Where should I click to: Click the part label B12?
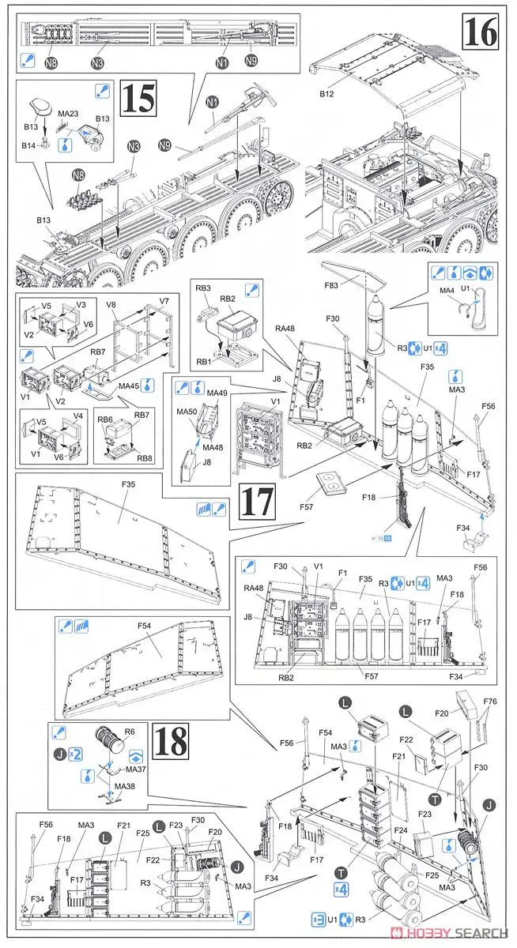pyautogui.click(x=328, y=96)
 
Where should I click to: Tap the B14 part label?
pyautogui.click(x=31, y=145)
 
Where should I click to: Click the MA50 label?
pyautogui.click(x=187, y=412)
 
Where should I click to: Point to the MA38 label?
pyautogui.click(x=126, y=787)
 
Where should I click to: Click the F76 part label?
pyautogui.click(x=489, y=702)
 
